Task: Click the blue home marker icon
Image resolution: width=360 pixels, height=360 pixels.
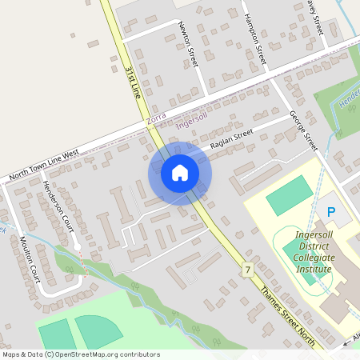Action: pos(180,173)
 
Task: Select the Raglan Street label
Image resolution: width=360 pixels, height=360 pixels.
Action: pos(231,138)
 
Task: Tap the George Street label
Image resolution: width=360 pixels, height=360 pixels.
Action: pos(304,130)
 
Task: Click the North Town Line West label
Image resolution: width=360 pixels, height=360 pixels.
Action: pos(44,165)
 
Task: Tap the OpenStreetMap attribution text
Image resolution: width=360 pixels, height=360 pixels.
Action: pos(80,354)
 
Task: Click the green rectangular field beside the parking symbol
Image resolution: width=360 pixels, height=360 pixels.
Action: pos(289,196)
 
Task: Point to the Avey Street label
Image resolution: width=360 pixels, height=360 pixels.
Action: pos(318,16)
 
